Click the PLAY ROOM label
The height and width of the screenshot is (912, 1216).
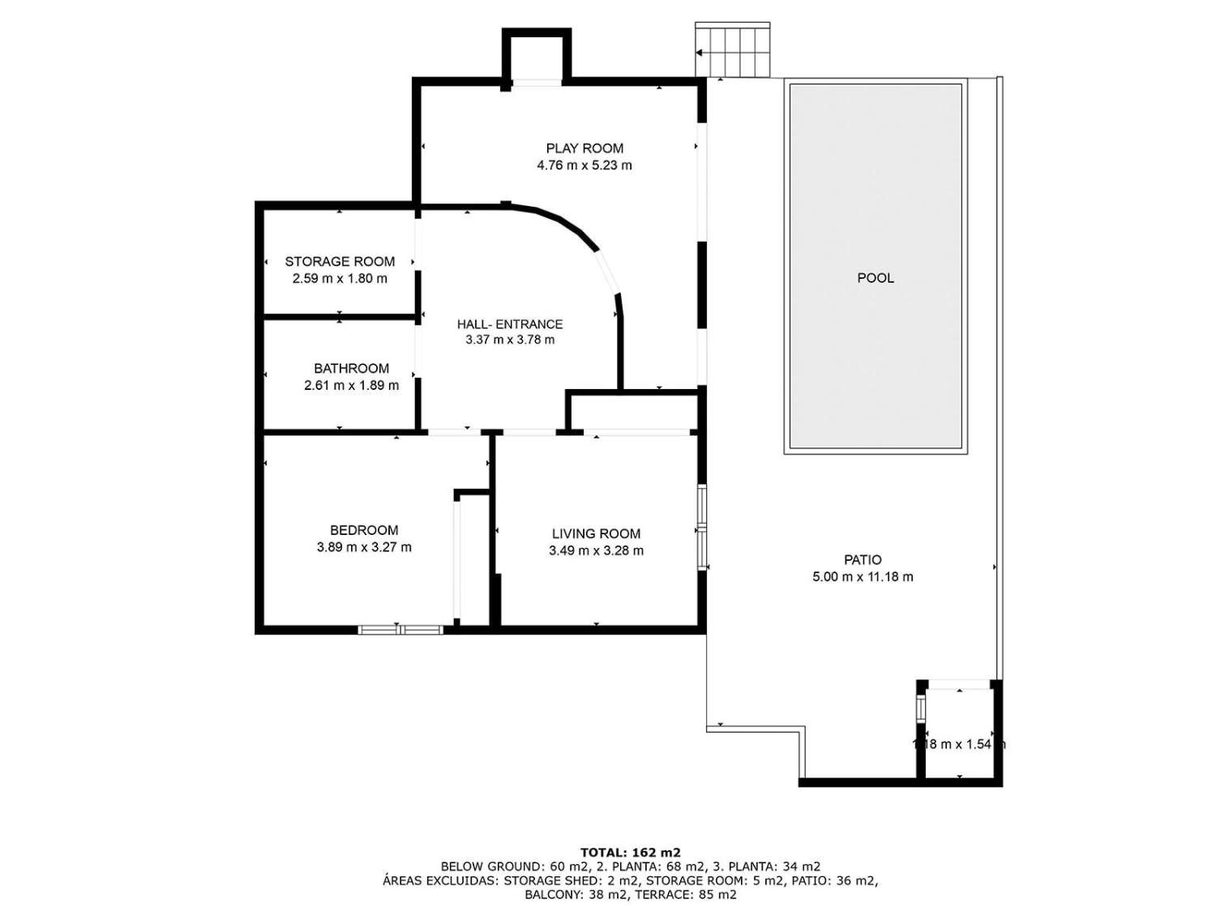[584, 148]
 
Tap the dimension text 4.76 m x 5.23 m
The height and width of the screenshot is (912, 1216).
[584, 165]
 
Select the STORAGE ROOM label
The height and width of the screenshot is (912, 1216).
[340, 262]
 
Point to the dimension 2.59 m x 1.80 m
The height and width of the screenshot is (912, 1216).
[340, 279]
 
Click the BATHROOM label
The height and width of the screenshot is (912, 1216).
[351, 369]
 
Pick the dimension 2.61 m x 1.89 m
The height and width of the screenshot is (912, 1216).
[351, 386]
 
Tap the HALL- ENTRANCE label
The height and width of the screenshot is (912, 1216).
[510, 324]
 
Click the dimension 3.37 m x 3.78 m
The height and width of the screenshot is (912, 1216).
[510, 340]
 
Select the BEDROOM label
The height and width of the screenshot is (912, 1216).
[364, 531]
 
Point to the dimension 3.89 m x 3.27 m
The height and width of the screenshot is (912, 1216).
[364, 548]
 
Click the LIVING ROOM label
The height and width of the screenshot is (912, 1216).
[596, 534]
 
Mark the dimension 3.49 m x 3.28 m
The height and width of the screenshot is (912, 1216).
[596, 551]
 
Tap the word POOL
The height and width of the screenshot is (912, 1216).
[876, 278]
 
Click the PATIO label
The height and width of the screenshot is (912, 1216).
[863, 560]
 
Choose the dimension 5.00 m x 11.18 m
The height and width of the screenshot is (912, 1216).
[863, 577]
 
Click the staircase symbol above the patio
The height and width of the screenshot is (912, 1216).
[732, 50]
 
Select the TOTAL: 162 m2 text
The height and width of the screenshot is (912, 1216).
[630, 852]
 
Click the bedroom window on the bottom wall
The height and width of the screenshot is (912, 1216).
[400, 629]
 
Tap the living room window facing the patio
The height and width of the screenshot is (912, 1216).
[702, 528]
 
